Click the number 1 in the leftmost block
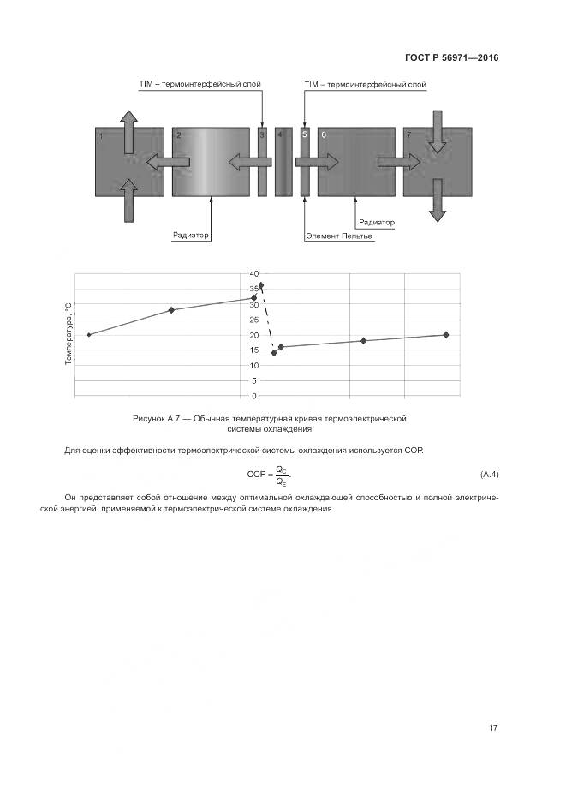pyautogui.click(x=101, y=136)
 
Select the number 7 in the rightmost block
pyautogui.click(x=408, y=135)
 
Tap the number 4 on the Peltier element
pyautogui.click(x=279, y=135)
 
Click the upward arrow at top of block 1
pyautogui.click(x=128, y=129)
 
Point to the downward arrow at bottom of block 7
pyautogui.click(x=437, y=202)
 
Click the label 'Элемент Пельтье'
pyautogui.click(x=340, y=236)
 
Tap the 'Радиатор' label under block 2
pyautogui.click(x=191, y=236)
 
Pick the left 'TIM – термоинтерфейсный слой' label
pyautogui.click(x=200, y=85)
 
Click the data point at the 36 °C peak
pyautogui.click(x=260, y=284)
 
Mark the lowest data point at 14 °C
pyautogui.click(x=274, y=352)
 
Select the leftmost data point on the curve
pyautogui.click(x=89, y=334)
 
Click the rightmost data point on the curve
pyautogui.click(x=446, y=334)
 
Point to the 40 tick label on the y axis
pyautogui.click(x=253, y=273)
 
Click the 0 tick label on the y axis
pyautogui.click(x=254, y=396)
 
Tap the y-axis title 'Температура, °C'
pyautogui.click(x=68, y=334)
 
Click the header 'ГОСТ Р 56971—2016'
pyautogui.click(x=451, y=58)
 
